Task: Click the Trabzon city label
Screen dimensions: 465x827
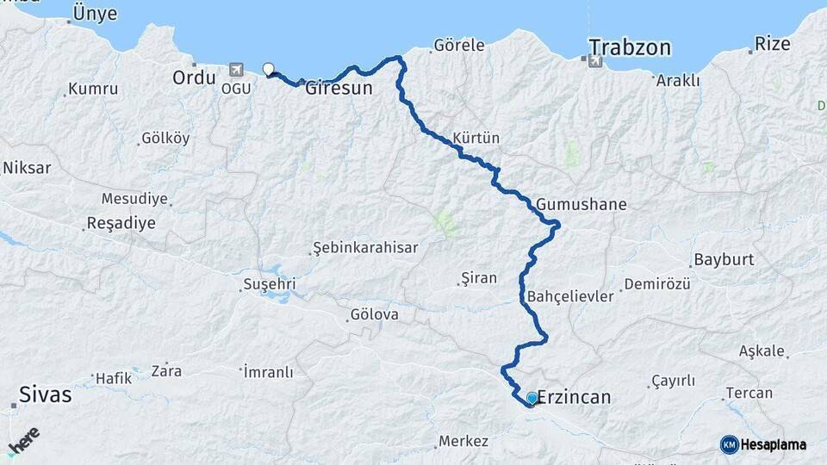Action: (630, 47)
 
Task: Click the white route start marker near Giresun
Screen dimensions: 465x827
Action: (268, 70)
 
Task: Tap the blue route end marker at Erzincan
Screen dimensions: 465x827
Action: (532, 398)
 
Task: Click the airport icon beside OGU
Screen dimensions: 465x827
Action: (237, 70)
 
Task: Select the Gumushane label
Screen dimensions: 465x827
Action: (581, 205)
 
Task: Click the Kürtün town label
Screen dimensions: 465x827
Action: (476, 138)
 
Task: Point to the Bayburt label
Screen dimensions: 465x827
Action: (724, 259)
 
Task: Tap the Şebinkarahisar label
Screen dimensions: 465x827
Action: (364, 248)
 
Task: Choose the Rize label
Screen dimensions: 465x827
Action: (772, 43)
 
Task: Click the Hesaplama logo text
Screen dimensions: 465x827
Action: (773, 444)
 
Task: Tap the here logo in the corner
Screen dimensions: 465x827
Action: (23, 442)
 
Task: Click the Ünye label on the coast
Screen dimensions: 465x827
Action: (95, 13)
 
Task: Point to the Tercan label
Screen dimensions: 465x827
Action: (749, 394)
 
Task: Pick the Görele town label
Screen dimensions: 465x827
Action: (459, 44)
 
